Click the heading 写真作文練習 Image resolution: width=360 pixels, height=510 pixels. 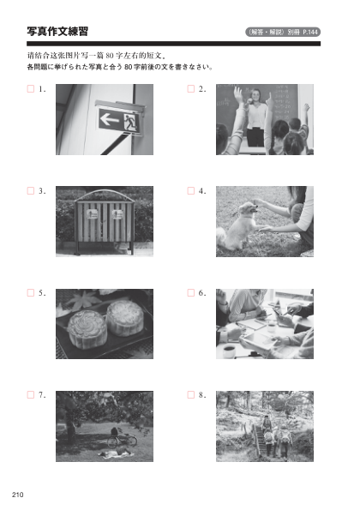57,32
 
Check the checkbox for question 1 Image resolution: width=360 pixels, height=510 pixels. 31,89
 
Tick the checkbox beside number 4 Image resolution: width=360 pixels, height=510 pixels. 191,191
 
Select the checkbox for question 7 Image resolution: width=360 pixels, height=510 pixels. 31,395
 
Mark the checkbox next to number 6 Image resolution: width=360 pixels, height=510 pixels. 191,293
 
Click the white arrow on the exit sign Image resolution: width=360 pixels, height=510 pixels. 110,120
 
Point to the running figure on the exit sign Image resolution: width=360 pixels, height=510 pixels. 131,123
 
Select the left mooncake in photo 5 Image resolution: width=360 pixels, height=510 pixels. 87,329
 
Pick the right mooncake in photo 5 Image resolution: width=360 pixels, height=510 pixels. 125,318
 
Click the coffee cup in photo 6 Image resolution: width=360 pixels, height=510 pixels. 229,351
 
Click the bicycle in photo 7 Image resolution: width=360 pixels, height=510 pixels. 122,438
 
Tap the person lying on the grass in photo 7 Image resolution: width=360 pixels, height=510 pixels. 114,452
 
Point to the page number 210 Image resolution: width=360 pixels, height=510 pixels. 17,495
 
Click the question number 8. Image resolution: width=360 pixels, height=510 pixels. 202,395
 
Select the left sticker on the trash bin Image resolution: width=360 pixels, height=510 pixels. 92,214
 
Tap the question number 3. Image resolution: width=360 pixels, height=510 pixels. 42,191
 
